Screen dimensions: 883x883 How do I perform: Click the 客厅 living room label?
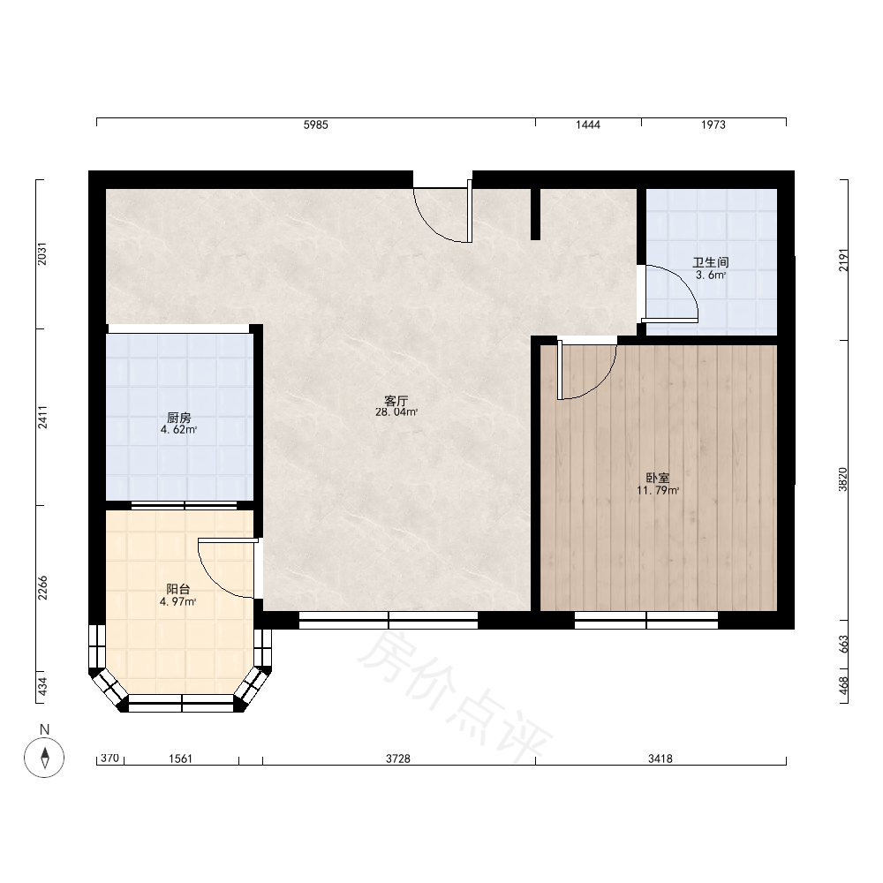click(x=396, y=401)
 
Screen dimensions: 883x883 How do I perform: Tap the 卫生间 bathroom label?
click(x=710, y=262)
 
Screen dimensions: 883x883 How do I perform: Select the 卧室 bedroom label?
click(x=657, y=478)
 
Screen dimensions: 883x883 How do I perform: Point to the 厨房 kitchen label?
click(x=178, y=418)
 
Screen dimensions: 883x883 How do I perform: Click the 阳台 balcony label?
click(x=178, y=590)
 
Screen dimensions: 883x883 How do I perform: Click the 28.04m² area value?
click(x=396, y=412)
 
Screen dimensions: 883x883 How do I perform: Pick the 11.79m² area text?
click(x=657, y=490)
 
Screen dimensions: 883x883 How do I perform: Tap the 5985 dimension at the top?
click(x=316, y=125)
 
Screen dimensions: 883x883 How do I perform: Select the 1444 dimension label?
click(x=588, y=125)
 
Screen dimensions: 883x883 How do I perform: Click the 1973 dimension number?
click(x=713, y=125)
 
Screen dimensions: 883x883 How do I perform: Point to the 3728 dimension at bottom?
click(x=398, y=759)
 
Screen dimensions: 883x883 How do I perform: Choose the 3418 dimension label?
click(x=660, y=759)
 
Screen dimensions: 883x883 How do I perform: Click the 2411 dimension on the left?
click(x=42, y=418)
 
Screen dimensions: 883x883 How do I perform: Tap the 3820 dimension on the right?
click(x=842, y=479)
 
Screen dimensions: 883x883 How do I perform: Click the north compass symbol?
click(x=44, y=758)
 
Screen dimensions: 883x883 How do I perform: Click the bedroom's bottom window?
click(x=646, y=620)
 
